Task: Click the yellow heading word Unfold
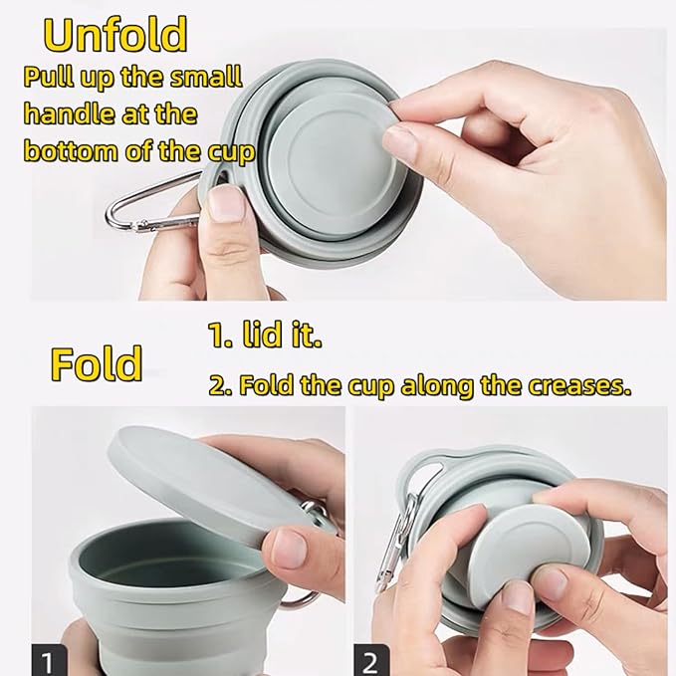point(115,36)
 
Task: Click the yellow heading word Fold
point(97,363)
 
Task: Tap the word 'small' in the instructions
point(206,77)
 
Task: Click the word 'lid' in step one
point(264,335)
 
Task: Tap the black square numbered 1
point(49,660)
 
